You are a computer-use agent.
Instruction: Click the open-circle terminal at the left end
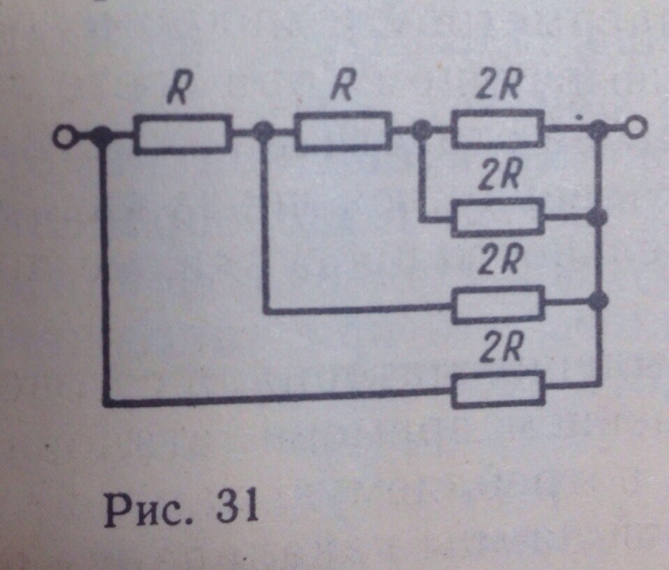(x=64, y=138)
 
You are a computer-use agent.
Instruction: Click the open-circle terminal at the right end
(x=636, y=127)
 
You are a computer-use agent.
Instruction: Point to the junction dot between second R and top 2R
(x=422, y=128)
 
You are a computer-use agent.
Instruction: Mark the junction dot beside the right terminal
(x=598, y=128)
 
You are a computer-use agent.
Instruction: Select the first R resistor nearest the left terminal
(x=183, y=134)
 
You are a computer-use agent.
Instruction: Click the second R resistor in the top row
(x=344, y=132)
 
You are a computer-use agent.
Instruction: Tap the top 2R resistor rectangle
(x=498, y=129)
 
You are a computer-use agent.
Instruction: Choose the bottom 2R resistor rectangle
(x=498, y=390)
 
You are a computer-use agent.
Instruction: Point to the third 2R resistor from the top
(x=498, y=305)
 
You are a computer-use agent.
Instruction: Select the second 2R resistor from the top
(x=498, y=217)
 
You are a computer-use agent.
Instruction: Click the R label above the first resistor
(x=180, y=87)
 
